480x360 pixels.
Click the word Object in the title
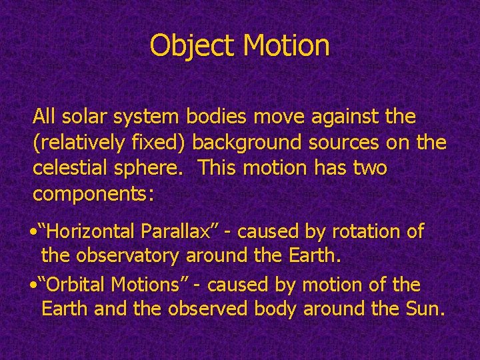point(193,46)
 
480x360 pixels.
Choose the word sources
point(356,143)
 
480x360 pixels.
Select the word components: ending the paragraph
point(94,195)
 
